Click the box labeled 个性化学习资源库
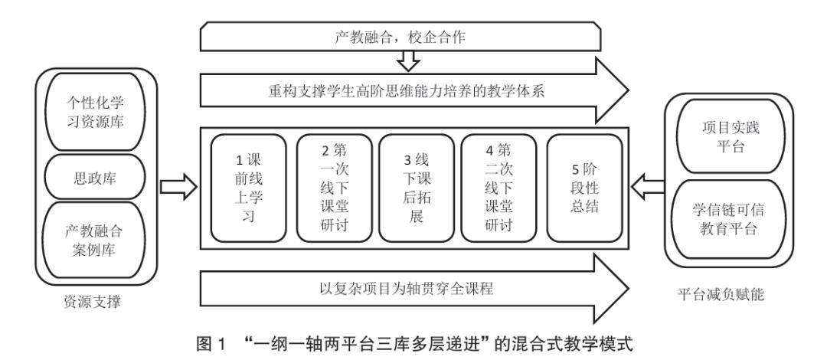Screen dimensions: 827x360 pyautogui.click(x=95, y=112)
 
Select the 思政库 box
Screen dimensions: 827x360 pyautogui.click(x=95, y=178)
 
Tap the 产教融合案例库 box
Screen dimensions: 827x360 pyautogui.click(x=95, y=241)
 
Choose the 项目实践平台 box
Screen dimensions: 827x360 pyautogui.click(x=731, y=136)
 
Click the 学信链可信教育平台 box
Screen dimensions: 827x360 pyautogui.click(x=731, y=219)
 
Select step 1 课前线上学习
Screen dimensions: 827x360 pyautogui.click(x=248, y=188)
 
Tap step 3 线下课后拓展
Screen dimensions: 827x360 pyautogui.click(x=417, y=188)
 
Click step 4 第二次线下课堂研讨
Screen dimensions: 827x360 pyautogui.click(x=498, y=188)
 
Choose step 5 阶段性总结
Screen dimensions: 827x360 pyautogui.click(x=584, y=188)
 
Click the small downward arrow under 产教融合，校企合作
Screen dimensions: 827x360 pyautogui.click(x=408, y=61)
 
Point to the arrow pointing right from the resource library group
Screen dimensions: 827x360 pyautogui.click(x=178, y=187)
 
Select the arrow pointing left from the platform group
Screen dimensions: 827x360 pyautogui.click(x=649, y=188)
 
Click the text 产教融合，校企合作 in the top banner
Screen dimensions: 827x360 pyautogui.click(x=400, y=37)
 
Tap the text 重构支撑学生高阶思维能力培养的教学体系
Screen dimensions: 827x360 pyautogui.click(x=406, y=91)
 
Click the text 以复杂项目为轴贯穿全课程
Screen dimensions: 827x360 pyautogui.click(x=406, y=288)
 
